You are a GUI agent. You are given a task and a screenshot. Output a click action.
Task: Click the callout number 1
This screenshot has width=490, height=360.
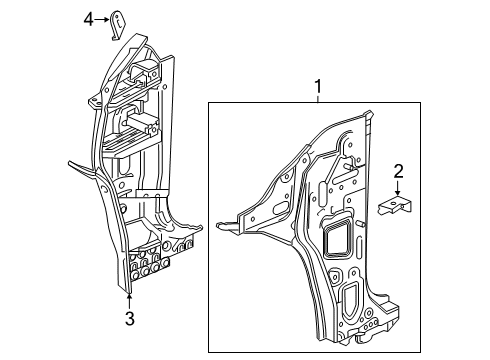pos(318,86)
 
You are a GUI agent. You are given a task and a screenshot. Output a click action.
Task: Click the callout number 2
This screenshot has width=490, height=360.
pos(398,172)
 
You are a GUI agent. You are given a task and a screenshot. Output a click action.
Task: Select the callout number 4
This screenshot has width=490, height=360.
pos(88,19)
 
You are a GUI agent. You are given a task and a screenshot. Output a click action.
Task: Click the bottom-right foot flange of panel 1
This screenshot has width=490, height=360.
pos(418,318)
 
